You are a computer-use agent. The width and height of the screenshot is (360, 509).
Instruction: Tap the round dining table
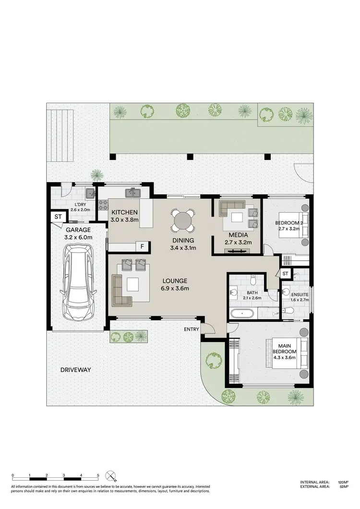[x=183, y=221]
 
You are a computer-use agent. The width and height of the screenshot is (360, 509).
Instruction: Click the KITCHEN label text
[x=125, y=212]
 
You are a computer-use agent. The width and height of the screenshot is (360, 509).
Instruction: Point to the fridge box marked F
[x=142, y=247]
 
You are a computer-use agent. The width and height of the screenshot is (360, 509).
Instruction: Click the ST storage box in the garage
[x=58, y=217]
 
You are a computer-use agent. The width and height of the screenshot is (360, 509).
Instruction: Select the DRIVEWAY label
[x=76, y=370]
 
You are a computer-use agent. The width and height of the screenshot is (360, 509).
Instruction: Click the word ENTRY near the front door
[x=192, y=329]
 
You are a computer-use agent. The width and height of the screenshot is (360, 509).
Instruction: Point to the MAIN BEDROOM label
[x=285, y=348]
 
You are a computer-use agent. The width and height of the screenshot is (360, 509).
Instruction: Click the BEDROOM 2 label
[x=288, y=223]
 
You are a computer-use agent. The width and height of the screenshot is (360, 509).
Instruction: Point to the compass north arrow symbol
[x=112, y=476]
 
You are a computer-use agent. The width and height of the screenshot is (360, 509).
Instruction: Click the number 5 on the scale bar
[x=98, y=475]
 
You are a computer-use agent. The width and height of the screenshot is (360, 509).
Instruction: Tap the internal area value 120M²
[x=343, y=482]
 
